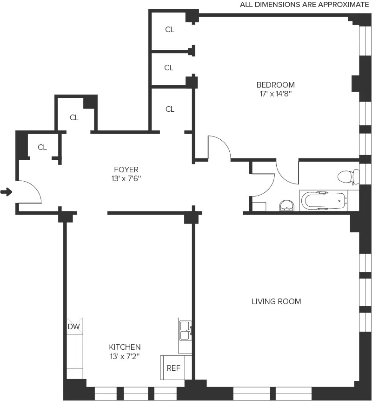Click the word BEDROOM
coord(276,85)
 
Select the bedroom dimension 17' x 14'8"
coord(276,94)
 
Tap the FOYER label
coord(126,170)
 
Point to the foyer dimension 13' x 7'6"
coord(126,178)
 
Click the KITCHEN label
coord(125,347)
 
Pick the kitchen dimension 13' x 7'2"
coord(125,356)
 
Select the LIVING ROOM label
coord(276,301)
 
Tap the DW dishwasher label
coord(74,327)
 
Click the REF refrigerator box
coord(173,368)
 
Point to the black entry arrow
coord(6,192)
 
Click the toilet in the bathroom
coord(348,177)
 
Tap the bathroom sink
coord(287,205)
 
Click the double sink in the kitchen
coord(185,330)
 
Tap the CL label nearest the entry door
coord(42,147)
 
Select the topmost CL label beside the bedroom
coord(170,29)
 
